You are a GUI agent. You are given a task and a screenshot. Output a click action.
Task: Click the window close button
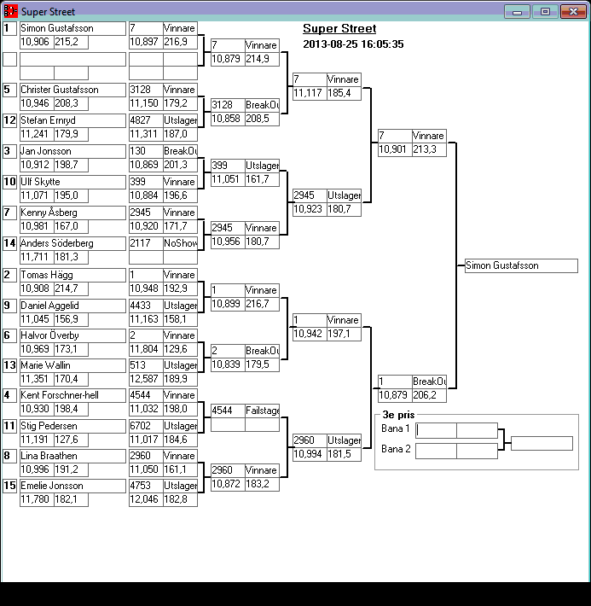click(573, 12)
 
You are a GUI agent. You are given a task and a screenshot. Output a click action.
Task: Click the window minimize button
click(517, 12)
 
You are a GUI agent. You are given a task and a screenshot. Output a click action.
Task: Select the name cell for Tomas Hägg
click(73, 275)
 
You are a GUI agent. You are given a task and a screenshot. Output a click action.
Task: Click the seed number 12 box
click(9, 120)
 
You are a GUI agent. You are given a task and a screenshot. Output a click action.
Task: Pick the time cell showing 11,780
click(37, 499)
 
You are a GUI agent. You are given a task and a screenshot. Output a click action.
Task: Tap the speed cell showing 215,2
click(71, 42)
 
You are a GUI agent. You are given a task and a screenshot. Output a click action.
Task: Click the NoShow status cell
click(181, 243)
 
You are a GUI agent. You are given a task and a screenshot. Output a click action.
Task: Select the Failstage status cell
click(263, 411)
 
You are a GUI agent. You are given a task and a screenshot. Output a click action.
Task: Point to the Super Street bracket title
click(339, 29)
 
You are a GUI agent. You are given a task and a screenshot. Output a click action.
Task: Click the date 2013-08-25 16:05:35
click(353, 44)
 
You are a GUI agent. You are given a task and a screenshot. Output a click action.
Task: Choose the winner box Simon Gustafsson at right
click(521, 265)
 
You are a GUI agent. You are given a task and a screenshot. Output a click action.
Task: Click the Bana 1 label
click(395, 428)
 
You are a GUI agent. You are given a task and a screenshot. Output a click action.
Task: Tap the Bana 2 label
click(396, 449)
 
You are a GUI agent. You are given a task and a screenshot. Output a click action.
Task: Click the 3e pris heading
click(398, 415)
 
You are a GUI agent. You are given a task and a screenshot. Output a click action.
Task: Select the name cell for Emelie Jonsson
click(73, 486)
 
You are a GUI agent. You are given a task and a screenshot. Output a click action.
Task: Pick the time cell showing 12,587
click(146, 379)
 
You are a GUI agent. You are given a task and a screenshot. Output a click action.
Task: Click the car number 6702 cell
click(146, 426)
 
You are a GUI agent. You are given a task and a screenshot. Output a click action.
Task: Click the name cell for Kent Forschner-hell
click(73, 395)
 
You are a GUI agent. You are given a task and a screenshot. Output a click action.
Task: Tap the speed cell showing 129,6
click(181, 349)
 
